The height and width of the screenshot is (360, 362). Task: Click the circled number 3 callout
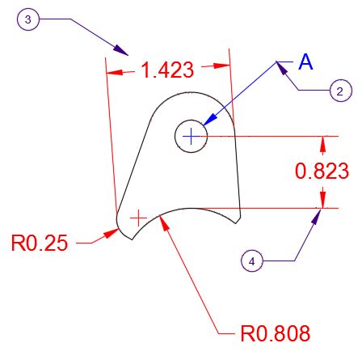coord(28,19)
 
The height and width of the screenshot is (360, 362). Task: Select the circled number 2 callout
coord(341,91)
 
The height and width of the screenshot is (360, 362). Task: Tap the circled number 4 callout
coord(252,260)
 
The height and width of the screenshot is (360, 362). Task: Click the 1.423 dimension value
coord(167,70)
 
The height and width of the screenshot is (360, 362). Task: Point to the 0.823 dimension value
coord(322,171)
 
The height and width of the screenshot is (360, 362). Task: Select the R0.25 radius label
coord(40,243)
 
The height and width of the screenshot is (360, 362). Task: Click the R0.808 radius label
coord(276,333)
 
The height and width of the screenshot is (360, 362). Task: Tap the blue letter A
coord(305,62)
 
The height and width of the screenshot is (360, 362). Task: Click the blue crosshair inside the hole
coord(191,136)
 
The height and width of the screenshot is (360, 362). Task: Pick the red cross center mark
coord(138,218)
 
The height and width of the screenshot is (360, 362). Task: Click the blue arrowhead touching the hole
coord(210,120)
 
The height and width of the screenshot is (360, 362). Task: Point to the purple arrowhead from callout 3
coord(120,50)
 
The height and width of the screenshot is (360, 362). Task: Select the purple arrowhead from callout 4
coord(317,217)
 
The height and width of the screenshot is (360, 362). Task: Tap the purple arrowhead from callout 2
coord(282,69)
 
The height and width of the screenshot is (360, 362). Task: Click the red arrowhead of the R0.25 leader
coord(112,233)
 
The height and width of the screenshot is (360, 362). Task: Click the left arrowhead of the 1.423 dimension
coord(115,72)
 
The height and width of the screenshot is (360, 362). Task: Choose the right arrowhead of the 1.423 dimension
coord(221,66)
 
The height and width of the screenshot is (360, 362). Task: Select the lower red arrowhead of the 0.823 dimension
coord(323,200)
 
